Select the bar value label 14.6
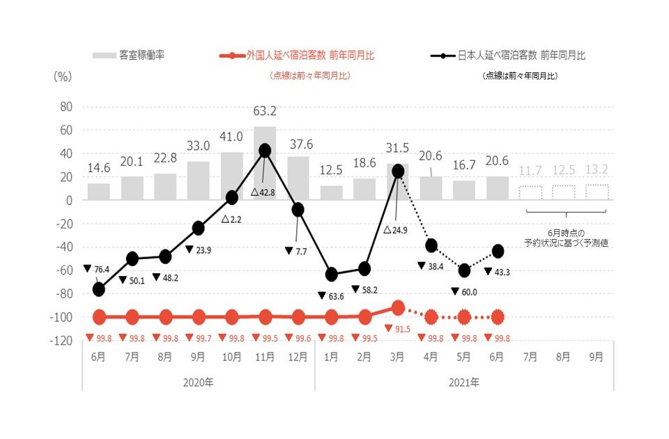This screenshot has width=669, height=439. (98, 168)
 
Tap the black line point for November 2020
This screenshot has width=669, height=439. (265, 150)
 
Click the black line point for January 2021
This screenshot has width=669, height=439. (331, 275)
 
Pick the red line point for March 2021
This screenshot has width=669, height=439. (398, 307)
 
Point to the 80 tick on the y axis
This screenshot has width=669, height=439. (66, 107)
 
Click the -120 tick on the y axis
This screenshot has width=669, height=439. (62, 341)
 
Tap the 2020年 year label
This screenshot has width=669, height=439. (198, 383)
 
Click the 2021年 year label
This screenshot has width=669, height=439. (464, 383)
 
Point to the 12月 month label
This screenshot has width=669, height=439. (298, 356)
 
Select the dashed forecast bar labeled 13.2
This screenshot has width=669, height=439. (597, 192)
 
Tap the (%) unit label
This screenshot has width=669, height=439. (63, 77)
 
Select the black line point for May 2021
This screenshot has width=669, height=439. (464, 270)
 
